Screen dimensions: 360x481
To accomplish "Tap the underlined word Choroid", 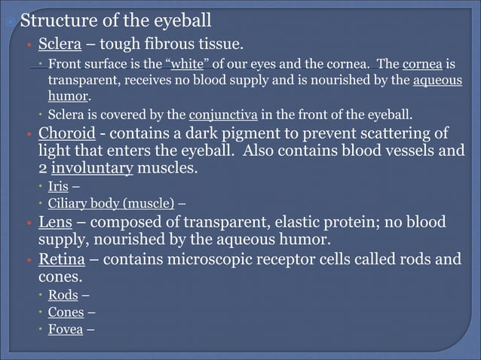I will pyautogui.click(x=66, y=134).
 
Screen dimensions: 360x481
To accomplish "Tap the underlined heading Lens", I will pyautogui.click(x=57, y=223).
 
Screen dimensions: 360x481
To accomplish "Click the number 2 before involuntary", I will pyautogui.click(x=43, y=168).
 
